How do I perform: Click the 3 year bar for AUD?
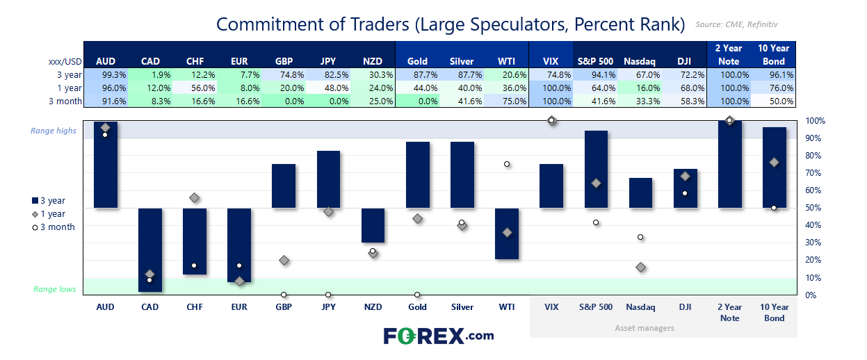[x=105, y=165]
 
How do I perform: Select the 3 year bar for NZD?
[x=373, y=225]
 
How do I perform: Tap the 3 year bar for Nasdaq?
[x=641, y=193]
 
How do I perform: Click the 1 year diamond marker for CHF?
[x=195, y=198]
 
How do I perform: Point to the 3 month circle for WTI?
[x=507, y=164]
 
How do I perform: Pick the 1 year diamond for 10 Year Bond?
[x=775, y=163]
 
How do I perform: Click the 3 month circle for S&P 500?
[x=596, y=222]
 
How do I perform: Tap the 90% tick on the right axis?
[x=814, y=138]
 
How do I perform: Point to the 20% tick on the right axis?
[x=814, y=260]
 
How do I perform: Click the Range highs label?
[x=53, y=131]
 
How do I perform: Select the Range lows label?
[x=55, y=289]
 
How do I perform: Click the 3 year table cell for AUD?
[x=106, y=74]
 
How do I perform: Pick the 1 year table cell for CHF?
[x=195, y=88]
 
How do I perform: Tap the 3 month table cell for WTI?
[x=507, y=101]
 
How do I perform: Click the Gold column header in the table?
[x=418, y=61]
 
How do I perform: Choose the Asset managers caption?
[x=645, y=327]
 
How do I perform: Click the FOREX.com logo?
[x=439, y=336]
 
